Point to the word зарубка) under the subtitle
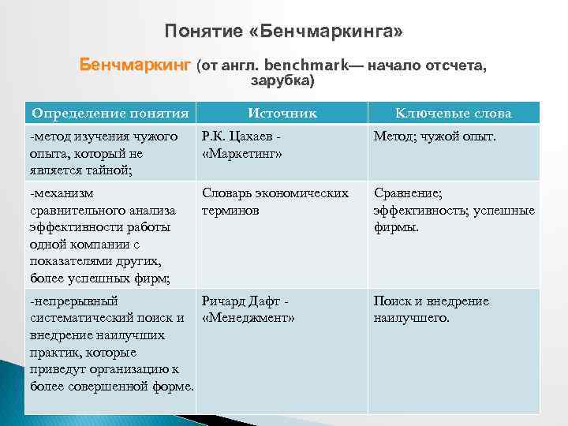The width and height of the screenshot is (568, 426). (282, 80)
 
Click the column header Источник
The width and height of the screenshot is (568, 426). (282, 113)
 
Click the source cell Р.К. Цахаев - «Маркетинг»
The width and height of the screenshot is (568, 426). (253, 145)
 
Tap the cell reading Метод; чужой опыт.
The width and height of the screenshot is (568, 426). (435, 137)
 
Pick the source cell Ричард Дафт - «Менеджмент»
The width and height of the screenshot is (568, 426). (248, 309)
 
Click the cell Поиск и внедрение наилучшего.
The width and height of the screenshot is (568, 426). (431, 309)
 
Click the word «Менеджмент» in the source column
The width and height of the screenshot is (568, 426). (248, 318)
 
